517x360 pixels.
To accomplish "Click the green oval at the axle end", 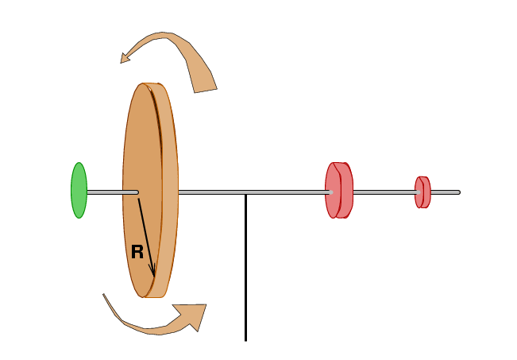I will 79,191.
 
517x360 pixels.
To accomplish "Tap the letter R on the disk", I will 137,253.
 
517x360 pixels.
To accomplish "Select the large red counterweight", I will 338,190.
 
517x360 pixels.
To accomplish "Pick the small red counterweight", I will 422,192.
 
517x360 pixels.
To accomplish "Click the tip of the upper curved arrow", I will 122,60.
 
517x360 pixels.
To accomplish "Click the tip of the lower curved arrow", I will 205,306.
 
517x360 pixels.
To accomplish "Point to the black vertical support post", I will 245,270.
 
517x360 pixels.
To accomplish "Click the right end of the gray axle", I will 458,192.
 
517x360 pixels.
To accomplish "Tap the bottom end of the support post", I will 245,339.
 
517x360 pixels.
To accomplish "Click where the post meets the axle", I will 245,193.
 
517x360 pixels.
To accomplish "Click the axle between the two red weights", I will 384,192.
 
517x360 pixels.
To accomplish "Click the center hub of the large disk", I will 137,192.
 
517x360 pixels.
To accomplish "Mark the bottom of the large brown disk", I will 149,296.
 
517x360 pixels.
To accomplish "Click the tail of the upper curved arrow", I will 205,90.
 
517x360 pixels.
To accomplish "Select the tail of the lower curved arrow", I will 104,296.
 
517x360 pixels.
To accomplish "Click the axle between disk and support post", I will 211,192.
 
